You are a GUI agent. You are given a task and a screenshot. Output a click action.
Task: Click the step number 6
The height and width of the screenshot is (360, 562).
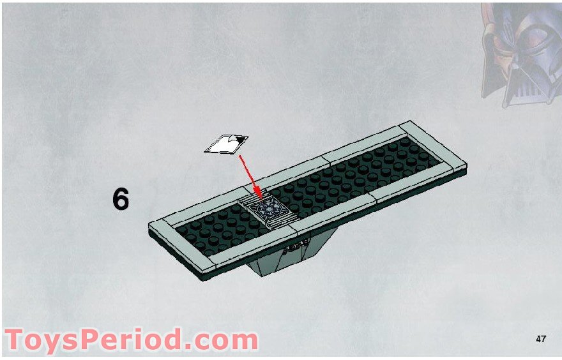(121, 200)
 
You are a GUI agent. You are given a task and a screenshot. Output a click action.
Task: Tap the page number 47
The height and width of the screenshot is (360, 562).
(541, 339)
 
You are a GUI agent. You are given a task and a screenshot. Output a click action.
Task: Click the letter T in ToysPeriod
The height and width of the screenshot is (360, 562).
(17, 340)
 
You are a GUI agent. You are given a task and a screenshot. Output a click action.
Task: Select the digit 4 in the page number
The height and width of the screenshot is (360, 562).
(538, 339)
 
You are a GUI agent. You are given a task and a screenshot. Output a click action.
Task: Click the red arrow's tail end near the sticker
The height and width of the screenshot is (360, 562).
(239, 154)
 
